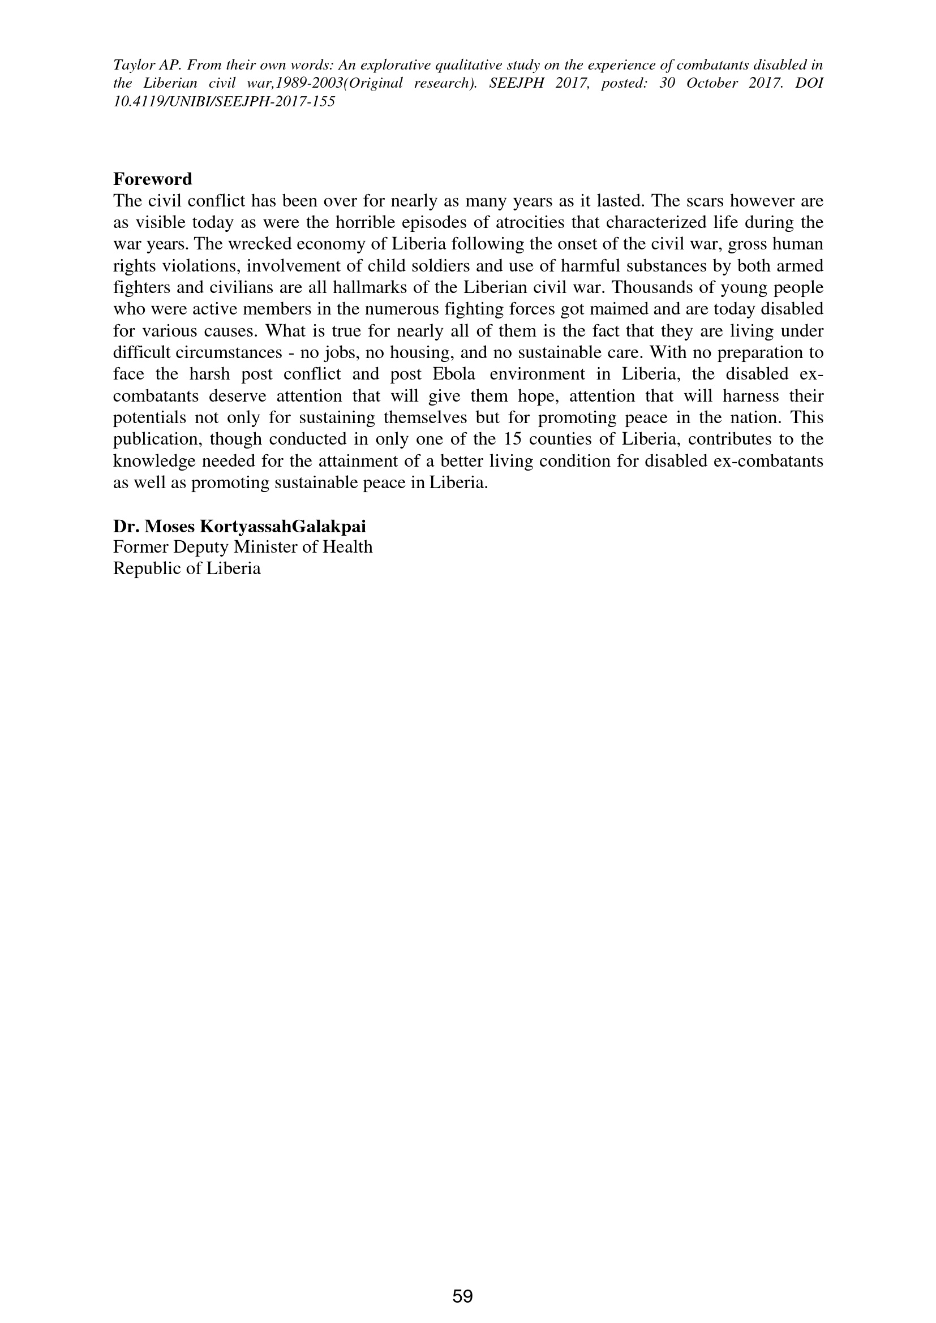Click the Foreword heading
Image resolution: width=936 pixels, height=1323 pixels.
(x=152, y=179)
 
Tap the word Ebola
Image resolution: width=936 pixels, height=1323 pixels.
(x=454, y=374)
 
